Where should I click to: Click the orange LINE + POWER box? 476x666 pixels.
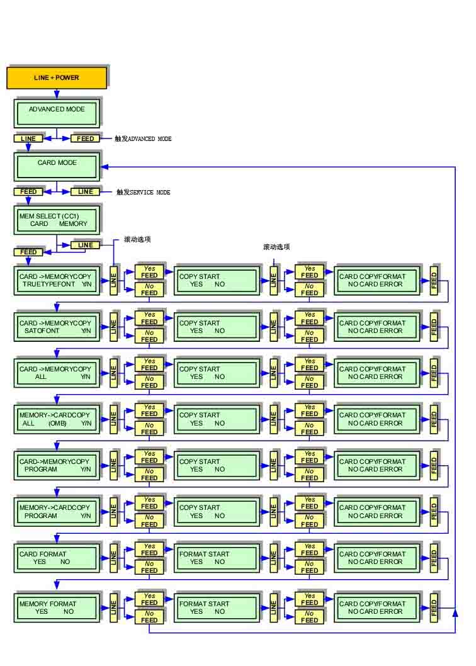pos(57,77)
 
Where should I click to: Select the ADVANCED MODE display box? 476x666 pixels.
pos(57,113)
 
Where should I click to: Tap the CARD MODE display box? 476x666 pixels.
pos(57,167)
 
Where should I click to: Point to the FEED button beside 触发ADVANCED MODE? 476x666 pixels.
pos(85,138)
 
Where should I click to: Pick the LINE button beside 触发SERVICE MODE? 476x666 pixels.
pos(85,191)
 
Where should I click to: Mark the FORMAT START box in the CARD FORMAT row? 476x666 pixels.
pos(217,558)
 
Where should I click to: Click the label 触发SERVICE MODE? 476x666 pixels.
pos(143,192)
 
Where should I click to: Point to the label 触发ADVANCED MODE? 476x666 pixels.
pos(143,138)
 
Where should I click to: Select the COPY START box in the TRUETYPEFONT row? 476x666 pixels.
pos(217,280)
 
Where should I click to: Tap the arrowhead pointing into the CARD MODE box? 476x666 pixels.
pos(105,167)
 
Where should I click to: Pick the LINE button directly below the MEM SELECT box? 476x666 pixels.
pos(85,245)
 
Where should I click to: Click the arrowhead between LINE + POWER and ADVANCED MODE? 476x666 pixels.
pos(57,94)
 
